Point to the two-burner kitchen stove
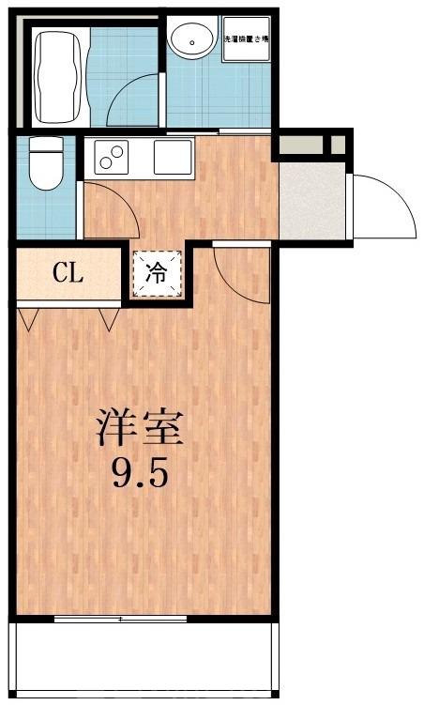[112, 156]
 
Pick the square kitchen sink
[174, 155]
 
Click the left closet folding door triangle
[27, 319]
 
